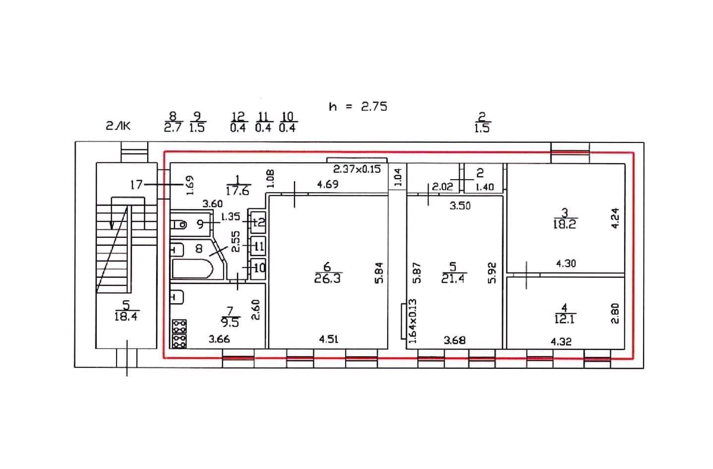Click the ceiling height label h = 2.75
pos(357,106)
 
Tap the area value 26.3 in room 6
pos(327,279)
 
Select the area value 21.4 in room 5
pos(453,279)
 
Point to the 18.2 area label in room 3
pos(564,224)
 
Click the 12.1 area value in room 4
pos(564,320)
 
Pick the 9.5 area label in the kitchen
pos(230,323)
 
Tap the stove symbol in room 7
pos(179,333)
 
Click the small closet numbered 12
pos(258,222)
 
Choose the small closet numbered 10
pos(258,268)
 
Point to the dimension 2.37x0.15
pos(356,169)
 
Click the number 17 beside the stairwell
pos(136,185)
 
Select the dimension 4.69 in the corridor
pos(327,185)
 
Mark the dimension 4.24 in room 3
pos(615,217)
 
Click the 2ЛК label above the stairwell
pos(118,126)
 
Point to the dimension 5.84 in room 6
pos(379,272)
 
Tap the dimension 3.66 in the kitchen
pos(219,339)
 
